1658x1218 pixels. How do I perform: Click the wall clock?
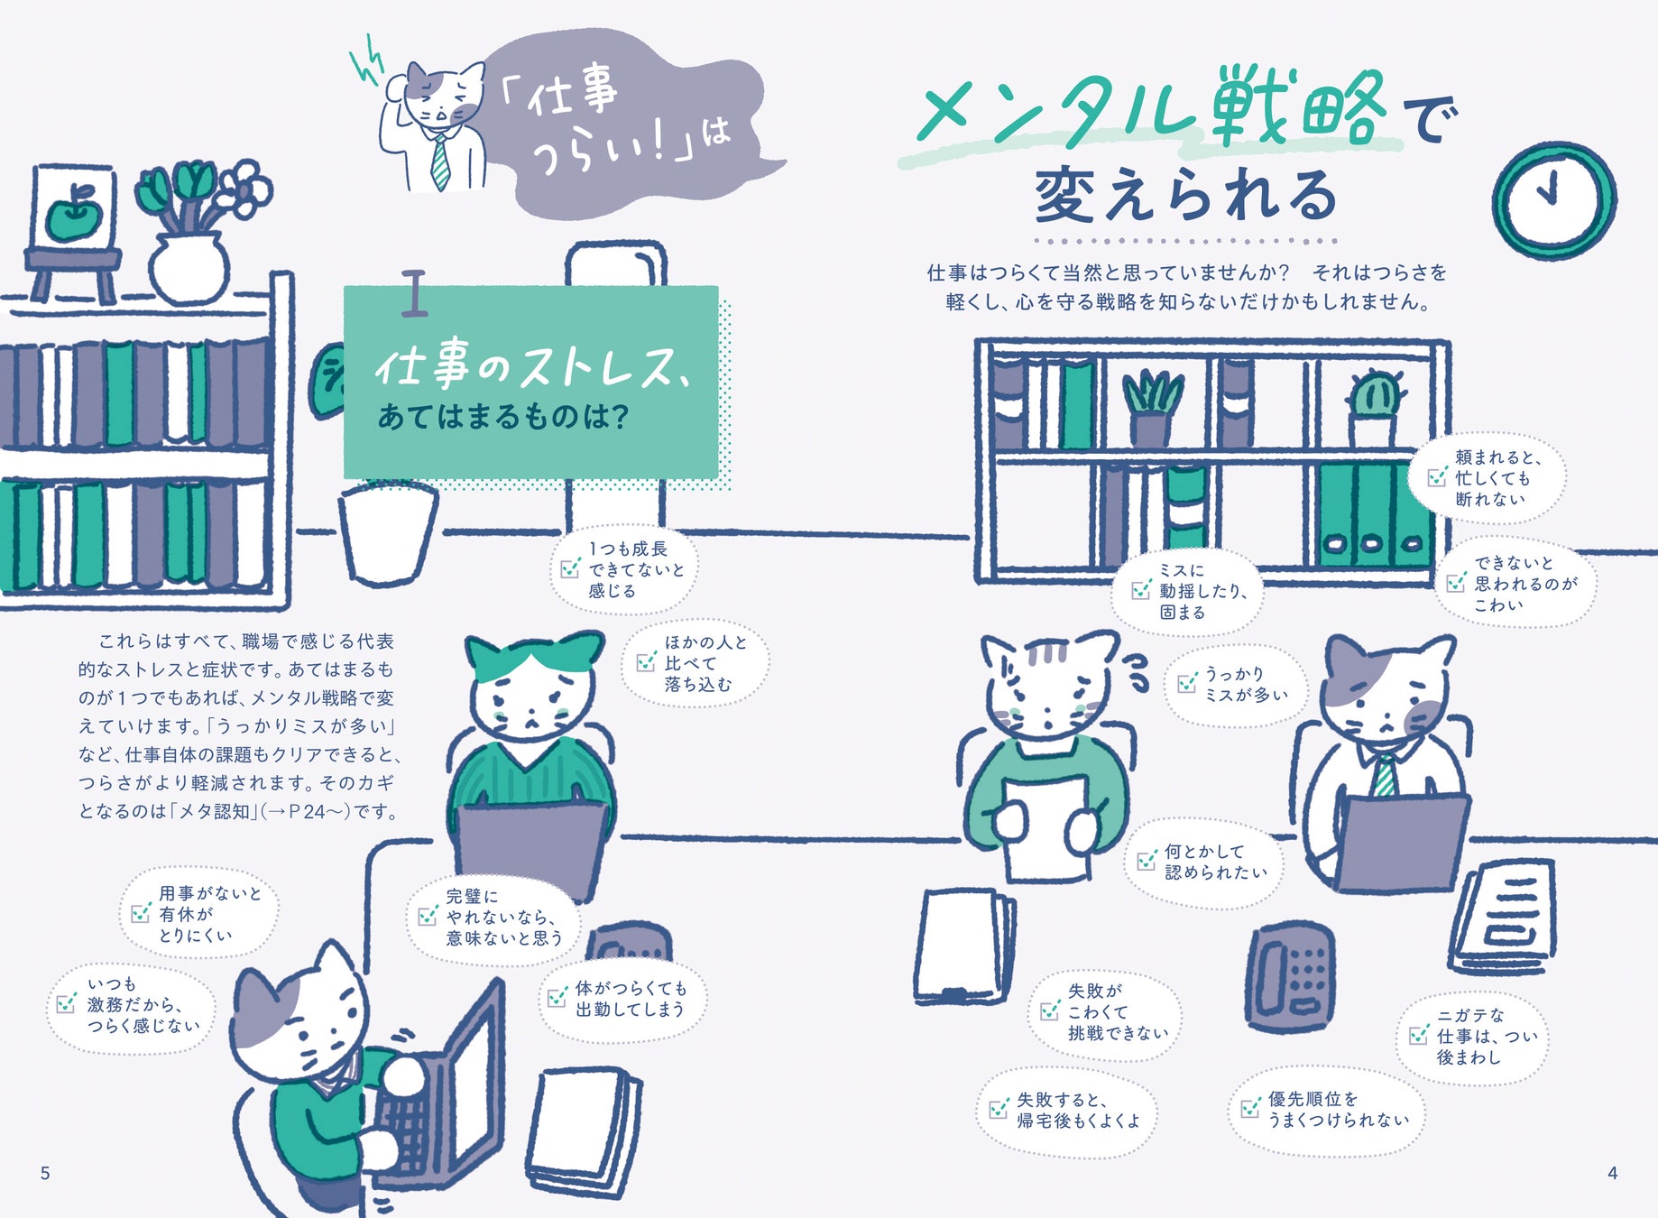tap(1553, 200)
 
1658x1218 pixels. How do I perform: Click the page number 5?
tap(45, 1173)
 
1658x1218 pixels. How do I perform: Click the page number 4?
tap(1612, 1173)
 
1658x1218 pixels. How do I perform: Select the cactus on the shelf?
tap(1375, 406)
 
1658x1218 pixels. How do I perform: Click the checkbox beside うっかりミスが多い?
tap(1187, 684)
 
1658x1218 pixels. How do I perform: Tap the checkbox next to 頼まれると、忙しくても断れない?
tap(1437, 477)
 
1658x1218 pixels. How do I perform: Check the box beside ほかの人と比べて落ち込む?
tap(646, 662)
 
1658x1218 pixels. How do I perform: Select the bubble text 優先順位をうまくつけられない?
tap(1337, 1109)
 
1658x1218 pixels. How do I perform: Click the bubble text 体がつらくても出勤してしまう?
tap(631, 999)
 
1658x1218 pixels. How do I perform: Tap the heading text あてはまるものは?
tap(502, 417)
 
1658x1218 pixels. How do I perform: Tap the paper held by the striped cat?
tap(1045, 826)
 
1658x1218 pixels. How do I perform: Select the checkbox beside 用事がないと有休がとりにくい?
tap(141, 913)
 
